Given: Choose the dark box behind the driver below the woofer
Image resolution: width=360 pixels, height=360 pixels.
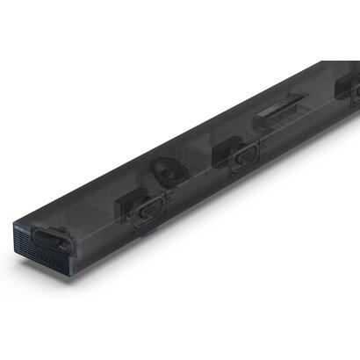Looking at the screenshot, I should tap(127, 204).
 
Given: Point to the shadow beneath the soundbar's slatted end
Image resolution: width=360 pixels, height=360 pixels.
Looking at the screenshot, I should tap(53, 285).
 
